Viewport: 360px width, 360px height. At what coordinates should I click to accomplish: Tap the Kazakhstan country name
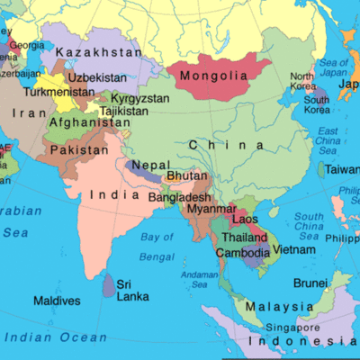pos(98,53)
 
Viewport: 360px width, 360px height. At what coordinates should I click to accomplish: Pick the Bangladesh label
pos(180,197)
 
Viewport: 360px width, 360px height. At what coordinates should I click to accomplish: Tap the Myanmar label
pos(212,209)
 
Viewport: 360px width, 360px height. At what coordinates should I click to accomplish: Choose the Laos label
pos(246,219)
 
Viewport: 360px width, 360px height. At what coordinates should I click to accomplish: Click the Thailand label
pos(244,238)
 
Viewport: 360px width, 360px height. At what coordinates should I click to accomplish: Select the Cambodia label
pos(242,253)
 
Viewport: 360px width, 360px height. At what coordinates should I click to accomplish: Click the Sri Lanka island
pos(108,286)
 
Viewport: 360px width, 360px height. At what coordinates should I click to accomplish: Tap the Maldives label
pos(57,300)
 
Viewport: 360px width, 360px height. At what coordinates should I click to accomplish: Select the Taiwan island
pos(321,169)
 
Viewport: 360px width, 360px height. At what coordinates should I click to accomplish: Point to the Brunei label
pos(310,282)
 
